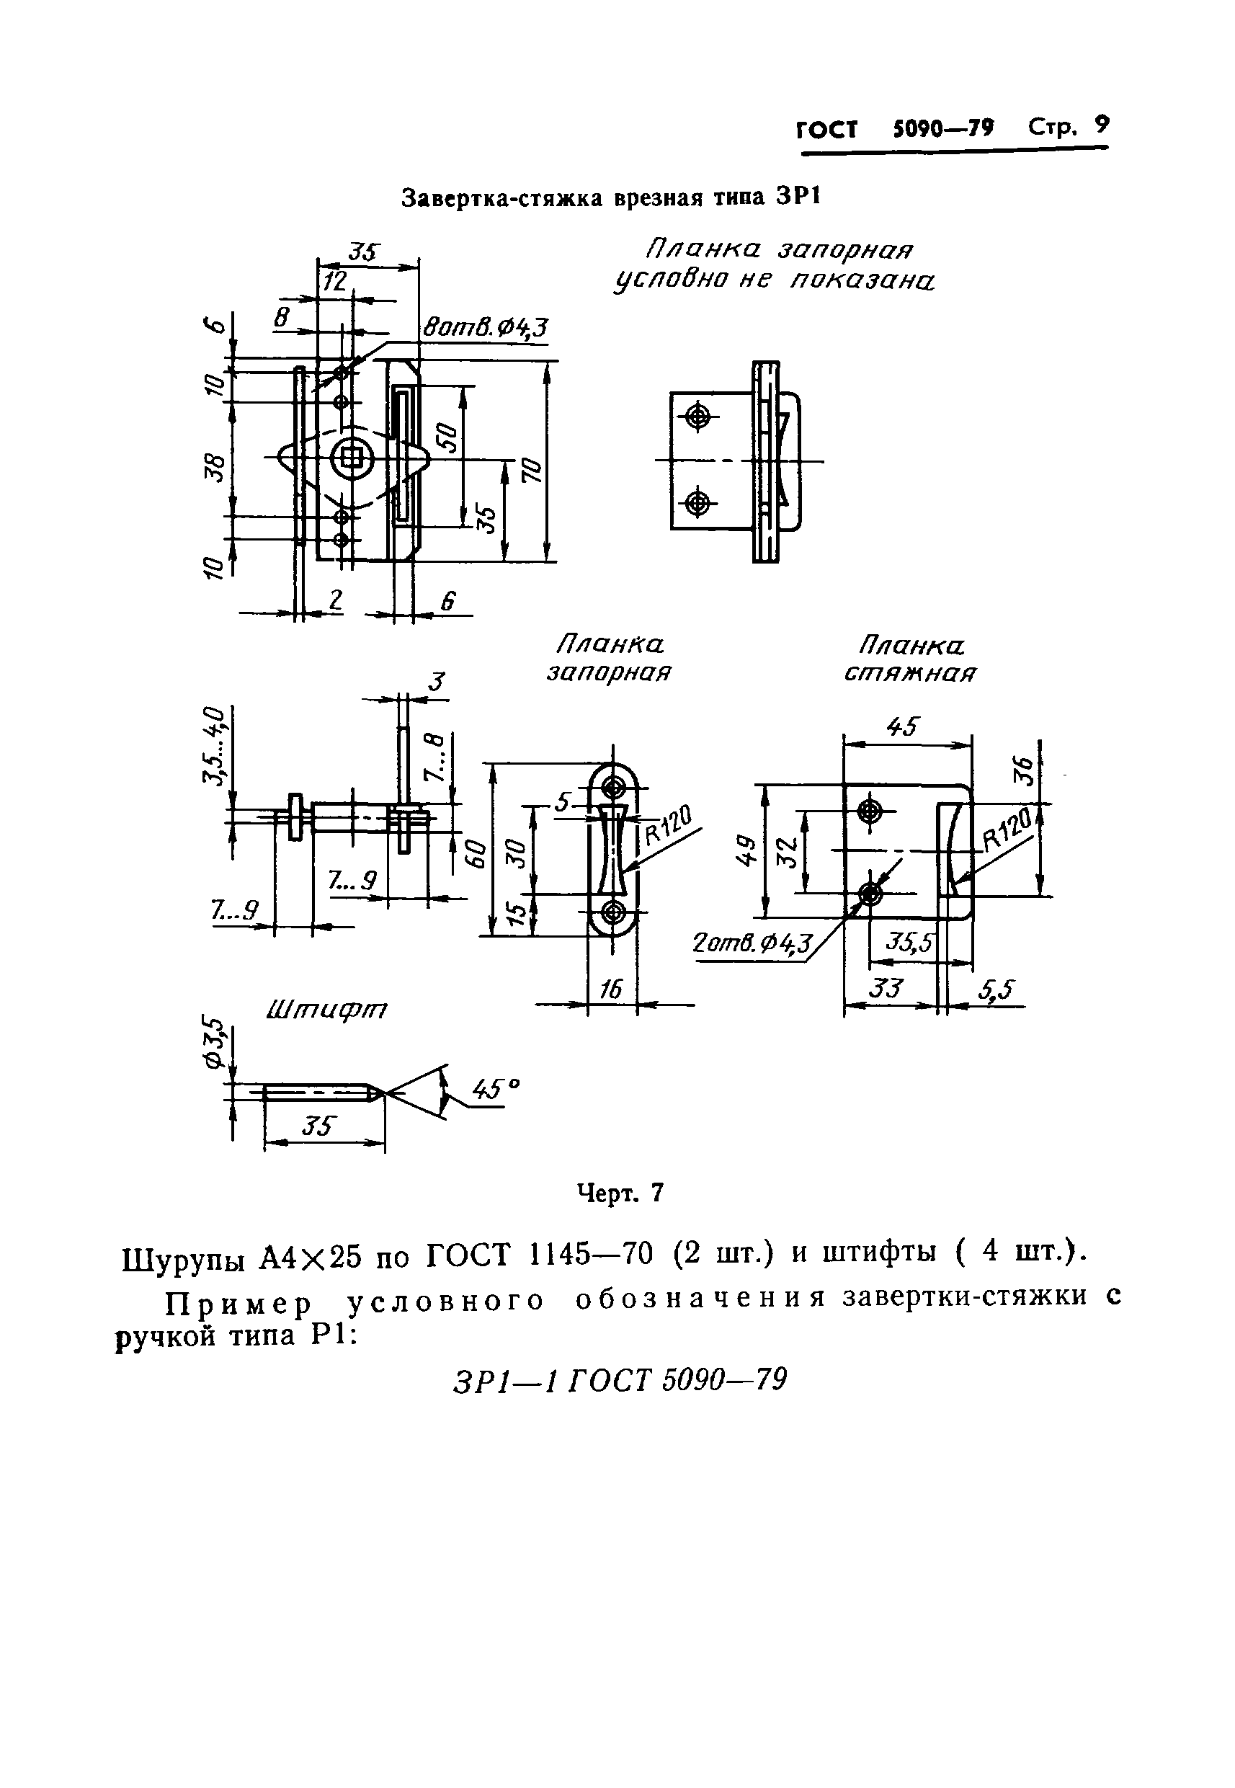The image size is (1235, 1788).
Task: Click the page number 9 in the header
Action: [x=1101, y=125]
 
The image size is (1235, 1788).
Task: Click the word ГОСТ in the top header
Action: [x=826, y=129]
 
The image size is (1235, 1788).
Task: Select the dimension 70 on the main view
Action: [x=532, y=470]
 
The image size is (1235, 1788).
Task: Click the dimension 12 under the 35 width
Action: [x=334, y=282]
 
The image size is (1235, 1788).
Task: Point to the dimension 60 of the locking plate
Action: [x=478, y=853]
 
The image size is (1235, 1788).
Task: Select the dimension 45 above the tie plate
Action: [x=902, y=727]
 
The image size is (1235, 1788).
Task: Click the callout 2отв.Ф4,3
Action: [x=753, y=943]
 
